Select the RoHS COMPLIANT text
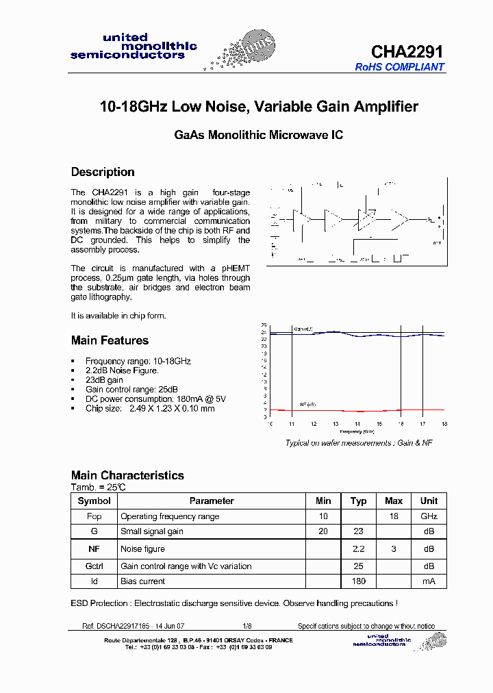399,67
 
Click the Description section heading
103,172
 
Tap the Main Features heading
110,340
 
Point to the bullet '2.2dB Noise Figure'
122,370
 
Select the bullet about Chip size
150,408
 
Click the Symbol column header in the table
94,501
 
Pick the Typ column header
358,501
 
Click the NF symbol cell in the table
94,549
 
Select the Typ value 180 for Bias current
358,581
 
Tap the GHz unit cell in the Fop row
429,516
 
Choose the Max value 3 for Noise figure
394,549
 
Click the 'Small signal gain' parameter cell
152,531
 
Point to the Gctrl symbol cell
94,566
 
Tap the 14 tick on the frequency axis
357,425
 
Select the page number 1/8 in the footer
246,626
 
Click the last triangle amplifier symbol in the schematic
399,220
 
